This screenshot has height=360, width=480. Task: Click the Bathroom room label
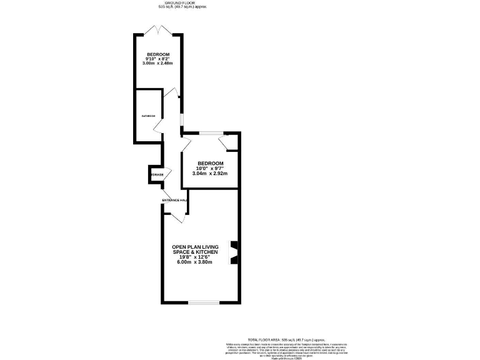147,116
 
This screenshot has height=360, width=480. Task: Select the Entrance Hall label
174,200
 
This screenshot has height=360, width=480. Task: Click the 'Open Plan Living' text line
196,247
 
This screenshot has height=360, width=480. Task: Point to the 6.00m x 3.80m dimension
196,262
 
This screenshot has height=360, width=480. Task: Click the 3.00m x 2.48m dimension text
158,64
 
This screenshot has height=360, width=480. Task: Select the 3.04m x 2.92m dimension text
210,173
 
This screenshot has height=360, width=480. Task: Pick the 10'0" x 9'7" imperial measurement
210,168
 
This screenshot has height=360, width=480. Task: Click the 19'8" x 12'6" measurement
196,257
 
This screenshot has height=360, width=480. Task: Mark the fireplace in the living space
234,252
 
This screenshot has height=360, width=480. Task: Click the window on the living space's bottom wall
204,303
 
